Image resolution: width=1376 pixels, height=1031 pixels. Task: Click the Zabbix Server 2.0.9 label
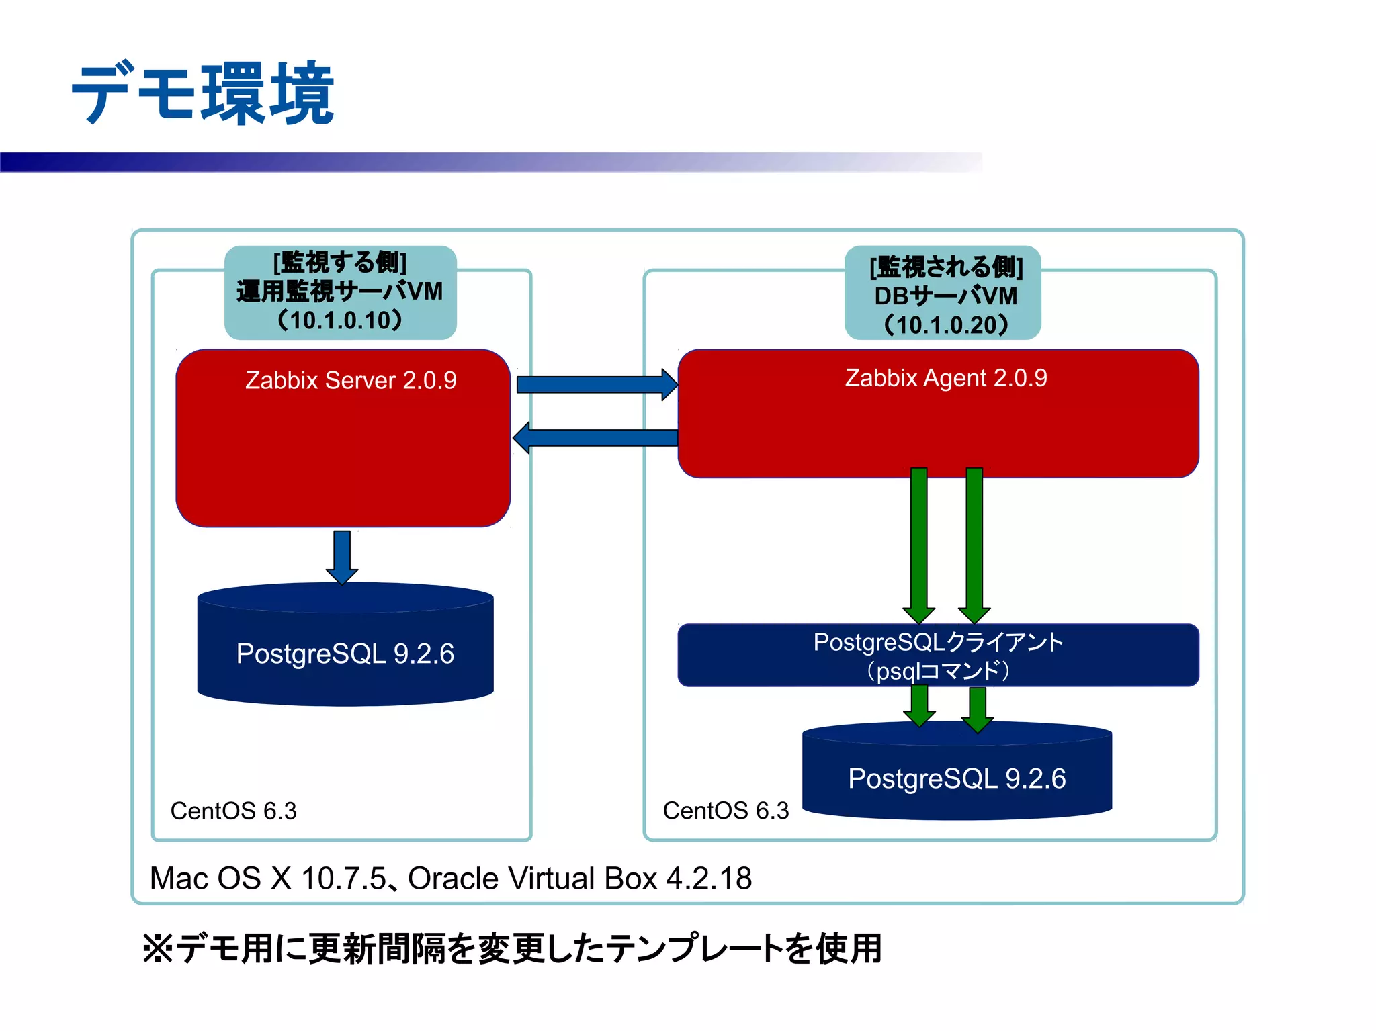coord(350,380)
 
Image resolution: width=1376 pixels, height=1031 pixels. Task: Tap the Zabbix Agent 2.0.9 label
coord(945,377)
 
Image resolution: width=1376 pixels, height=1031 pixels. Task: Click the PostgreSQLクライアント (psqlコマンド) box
coord(938,656)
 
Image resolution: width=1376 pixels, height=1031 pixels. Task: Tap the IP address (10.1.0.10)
coord(340,320)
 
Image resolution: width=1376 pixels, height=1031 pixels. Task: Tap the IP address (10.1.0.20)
coord(945,325)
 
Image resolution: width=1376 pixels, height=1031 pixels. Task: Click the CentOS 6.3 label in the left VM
coord(233,811)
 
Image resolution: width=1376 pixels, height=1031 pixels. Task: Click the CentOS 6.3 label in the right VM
coord(726,811)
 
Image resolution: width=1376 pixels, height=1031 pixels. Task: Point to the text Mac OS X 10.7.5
coord(268,878)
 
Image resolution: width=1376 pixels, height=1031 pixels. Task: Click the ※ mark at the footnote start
coord(159,948)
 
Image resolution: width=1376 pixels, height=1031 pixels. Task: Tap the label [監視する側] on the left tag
coord(340,262)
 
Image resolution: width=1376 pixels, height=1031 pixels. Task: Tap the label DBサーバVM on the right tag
coord(945,296)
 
